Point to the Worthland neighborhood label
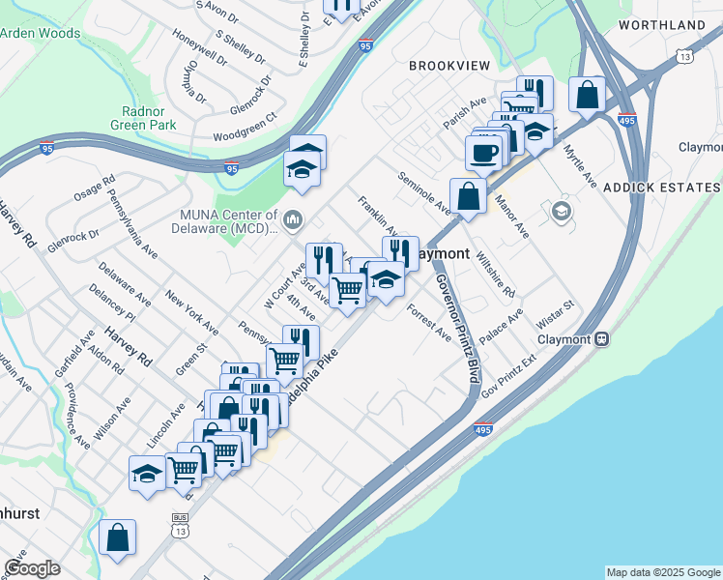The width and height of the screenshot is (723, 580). tap(661, 24)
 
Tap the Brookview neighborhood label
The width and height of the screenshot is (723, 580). tap(448, 66)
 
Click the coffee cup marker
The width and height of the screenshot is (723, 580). tap(484, 152)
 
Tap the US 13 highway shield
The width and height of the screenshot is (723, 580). tap(684, 57)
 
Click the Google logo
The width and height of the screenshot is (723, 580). tap(32, 567)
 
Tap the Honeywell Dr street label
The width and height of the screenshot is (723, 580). tap(199, 45)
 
